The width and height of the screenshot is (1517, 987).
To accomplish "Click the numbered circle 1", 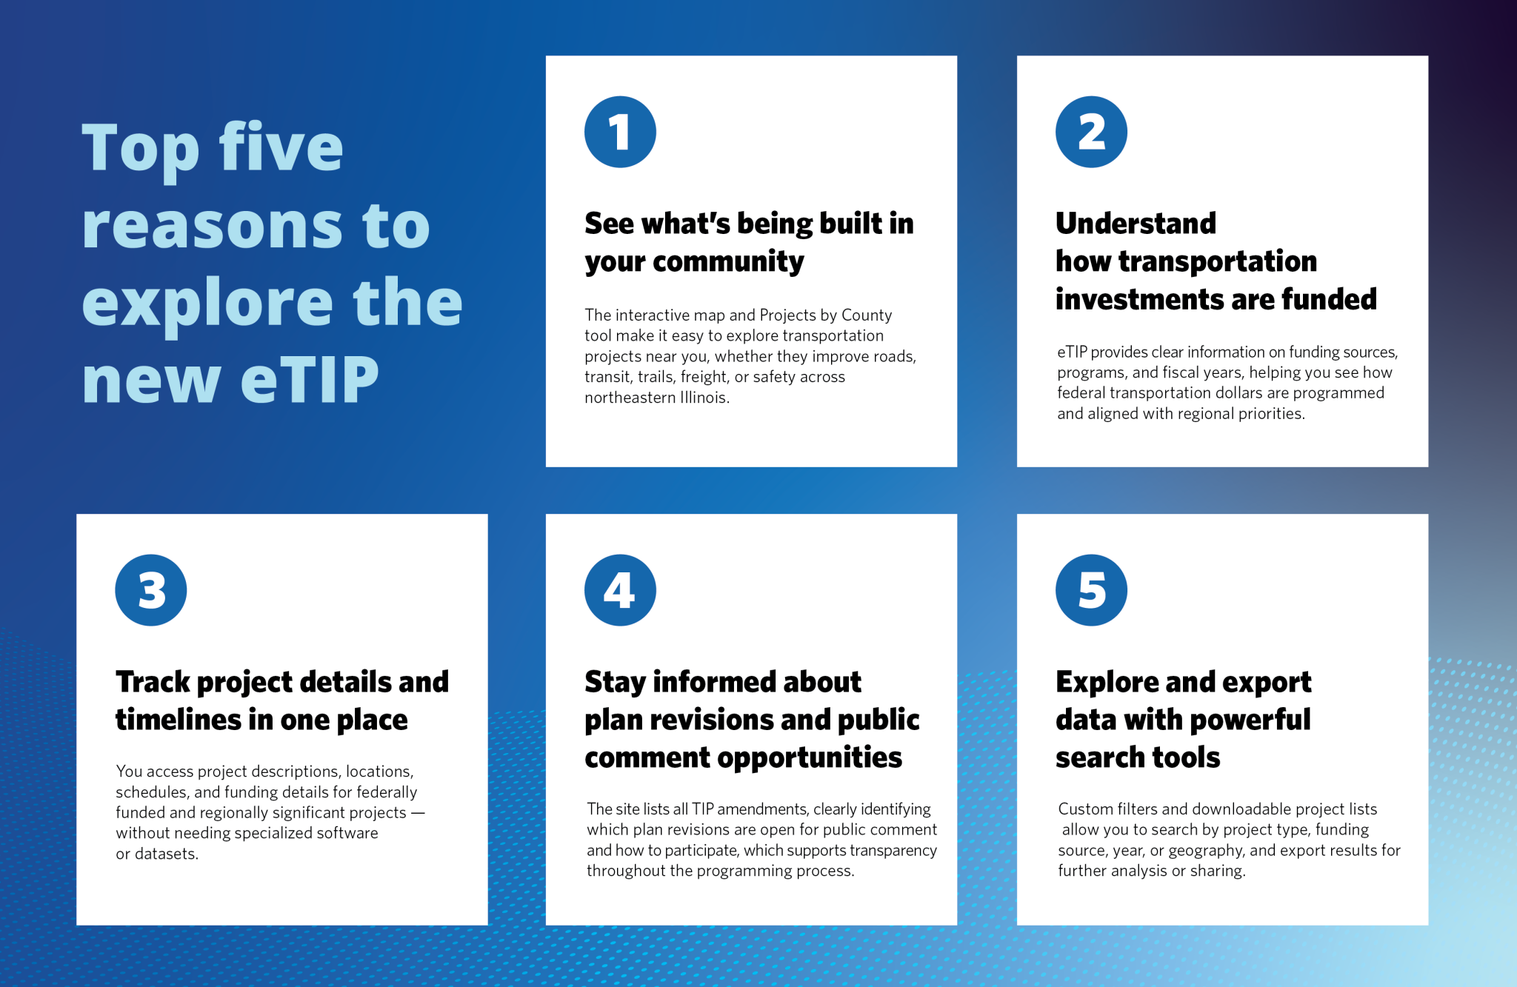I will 620,132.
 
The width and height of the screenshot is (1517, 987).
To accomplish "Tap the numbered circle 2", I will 1091,132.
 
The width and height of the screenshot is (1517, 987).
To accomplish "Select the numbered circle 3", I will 151,590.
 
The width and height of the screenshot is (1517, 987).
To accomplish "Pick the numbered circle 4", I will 620,590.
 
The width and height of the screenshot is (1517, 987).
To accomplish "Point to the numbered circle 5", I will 1091,590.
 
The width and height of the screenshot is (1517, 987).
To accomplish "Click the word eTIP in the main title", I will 310,380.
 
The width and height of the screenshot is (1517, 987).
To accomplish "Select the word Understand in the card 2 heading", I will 1136,224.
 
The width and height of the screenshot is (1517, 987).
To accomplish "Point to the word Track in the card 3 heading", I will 153,682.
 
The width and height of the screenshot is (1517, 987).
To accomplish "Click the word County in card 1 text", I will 866,315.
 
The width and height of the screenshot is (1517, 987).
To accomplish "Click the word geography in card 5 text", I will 1205,851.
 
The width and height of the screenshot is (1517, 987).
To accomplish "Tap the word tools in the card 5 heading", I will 1187,758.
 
